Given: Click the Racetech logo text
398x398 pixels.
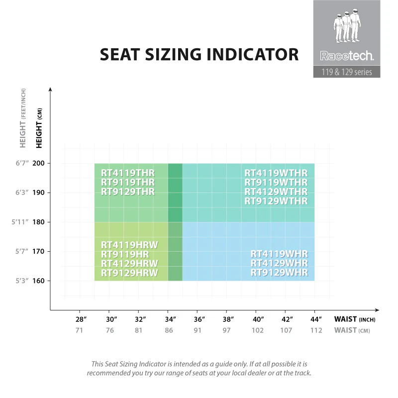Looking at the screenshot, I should tap(346, 56).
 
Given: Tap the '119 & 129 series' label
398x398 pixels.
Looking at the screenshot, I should tap(346, 72).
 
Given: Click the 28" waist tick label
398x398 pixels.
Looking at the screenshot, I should tap(81, 319).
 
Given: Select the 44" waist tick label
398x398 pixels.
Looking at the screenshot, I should tap(316, 319).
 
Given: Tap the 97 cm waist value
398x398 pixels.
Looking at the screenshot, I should tap(227, 330).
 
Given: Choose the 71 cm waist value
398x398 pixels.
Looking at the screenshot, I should tap(79, 330).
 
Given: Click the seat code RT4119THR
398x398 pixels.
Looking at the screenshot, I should tap(128, 173).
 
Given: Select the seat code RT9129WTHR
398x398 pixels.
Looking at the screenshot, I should tap(276, 201).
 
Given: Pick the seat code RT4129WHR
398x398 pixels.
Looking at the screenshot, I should tap(279, 263).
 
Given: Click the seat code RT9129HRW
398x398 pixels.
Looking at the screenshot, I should tap(129, 273).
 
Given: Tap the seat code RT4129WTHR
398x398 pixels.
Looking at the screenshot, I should tap(276, 192).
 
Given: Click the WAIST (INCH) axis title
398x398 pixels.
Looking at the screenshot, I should tap(354, 319).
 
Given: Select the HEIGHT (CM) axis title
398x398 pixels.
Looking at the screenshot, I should tap(39, 129).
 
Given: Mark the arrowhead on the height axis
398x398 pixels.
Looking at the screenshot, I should tap(50, 90).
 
